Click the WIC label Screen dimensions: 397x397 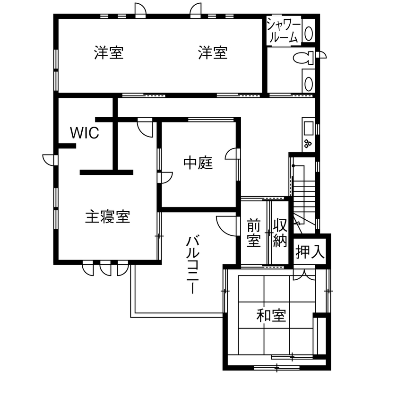click(85, 133)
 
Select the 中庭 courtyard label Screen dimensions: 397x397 click(198, 164)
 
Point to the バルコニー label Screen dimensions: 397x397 click(191, 264)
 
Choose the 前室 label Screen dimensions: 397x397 click(254, 233)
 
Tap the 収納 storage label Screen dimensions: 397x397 click(279, 233)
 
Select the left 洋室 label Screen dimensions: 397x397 click(109, 53)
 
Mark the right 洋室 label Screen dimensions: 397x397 click(213, 53)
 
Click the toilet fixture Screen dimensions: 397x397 click(303, 58)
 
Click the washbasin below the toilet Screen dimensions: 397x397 click(308, 84)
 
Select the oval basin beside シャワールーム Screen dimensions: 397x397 click(309, 33)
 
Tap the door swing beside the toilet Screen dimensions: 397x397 click(322, 55)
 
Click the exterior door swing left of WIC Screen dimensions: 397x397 click(49, 159)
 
